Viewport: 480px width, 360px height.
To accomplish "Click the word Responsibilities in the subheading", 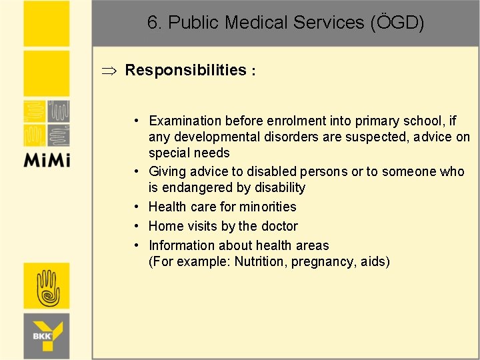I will tap(185, 70).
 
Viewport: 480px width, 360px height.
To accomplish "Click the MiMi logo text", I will tap(47, 160).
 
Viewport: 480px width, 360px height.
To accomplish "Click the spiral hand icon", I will tap(47, 287).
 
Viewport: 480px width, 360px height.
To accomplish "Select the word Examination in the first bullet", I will tap(185, 121).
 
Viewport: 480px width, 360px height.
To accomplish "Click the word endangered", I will tap(197, 187).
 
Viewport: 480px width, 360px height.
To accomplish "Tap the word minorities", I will tap(265, 207).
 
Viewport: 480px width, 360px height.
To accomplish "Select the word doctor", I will tap(279, 226).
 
